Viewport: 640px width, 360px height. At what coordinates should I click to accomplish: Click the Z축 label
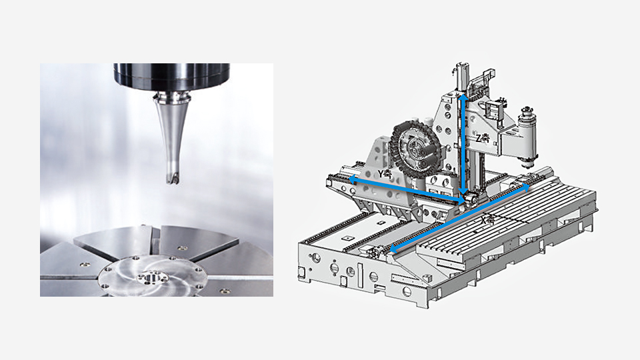[x=483, y=138]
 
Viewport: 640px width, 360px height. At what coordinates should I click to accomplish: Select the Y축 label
[x=385, y=173]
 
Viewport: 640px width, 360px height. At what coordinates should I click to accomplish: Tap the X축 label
[x=488, y=219]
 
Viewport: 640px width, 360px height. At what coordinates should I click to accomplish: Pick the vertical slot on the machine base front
[x=361, y=274]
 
